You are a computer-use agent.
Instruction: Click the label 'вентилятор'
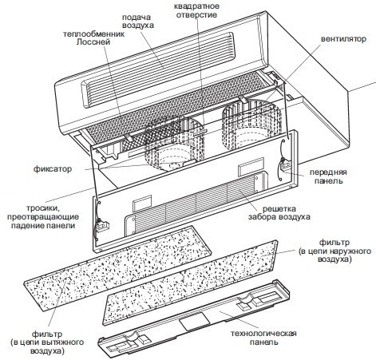343,39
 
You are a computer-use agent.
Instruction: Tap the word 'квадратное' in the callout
196,6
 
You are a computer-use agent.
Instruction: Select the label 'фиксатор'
53,169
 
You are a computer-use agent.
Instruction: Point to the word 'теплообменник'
93,34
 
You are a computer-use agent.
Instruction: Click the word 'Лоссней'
93,42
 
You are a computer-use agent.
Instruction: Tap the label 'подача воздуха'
138,22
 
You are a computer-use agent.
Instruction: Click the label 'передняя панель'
328,176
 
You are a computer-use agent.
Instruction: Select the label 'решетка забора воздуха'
279,212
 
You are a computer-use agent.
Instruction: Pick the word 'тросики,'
43,208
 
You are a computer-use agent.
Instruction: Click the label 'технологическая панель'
263,338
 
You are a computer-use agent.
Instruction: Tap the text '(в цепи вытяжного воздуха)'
47,346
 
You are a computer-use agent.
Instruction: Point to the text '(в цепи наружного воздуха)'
334,255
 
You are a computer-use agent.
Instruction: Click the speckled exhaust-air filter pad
117,260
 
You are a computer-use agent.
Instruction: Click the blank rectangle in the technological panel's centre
195,321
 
